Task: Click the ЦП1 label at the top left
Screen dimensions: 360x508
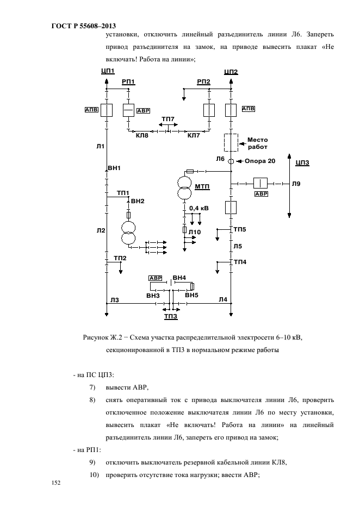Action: coord(108,71)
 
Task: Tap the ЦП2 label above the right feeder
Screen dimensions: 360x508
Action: coord(231,72)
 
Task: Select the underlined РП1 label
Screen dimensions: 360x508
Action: coord(128,82)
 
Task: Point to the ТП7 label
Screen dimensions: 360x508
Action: coord(168,119)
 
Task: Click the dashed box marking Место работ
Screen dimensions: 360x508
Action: coord(231,142)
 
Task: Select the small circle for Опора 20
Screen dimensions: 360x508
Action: coord(231,161)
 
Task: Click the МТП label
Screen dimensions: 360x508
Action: coord(202,187)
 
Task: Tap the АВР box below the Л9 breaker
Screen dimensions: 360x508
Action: coord(262,194)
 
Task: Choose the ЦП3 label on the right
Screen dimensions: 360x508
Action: coord(302,162)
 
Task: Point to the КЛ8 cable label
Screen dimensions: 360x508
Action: coord(142,135)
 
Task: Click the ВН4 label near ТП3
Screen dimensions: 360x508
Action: coord(179,278)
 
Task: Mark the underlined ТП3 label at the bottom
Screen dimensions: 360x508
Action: coord(171,317)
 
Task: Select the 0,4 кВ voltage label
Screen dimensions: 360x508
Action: coord(199,208)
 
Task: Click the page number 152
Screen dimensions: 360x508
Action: coord(56,482)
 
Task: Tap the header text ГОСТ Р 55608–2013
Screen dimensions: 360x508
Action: coord(84,26)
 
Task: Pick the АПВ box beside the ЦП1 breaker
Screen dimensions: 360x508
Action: coord(91,110)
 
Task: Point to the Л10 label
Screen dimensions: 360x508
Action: coord(195,232)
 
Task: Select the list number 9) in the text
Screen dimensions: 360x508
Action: coord(92,462)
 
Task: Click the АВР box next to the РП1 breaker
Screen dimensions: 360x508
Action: coord(143,111)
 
